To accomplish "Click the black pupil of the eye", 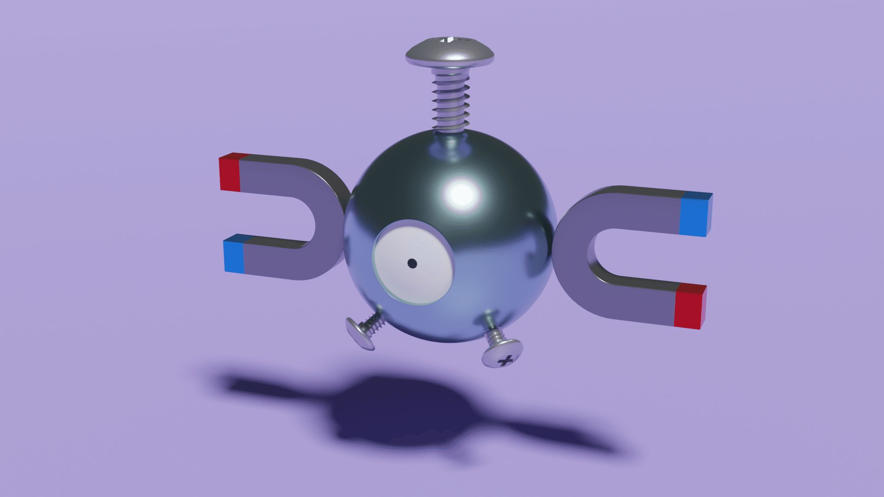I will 412,263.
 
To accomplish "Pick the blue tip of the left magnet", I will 234,256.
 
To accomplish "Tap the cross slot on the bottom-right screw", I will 505,360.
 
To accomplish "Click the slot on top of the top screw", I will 449,40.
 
